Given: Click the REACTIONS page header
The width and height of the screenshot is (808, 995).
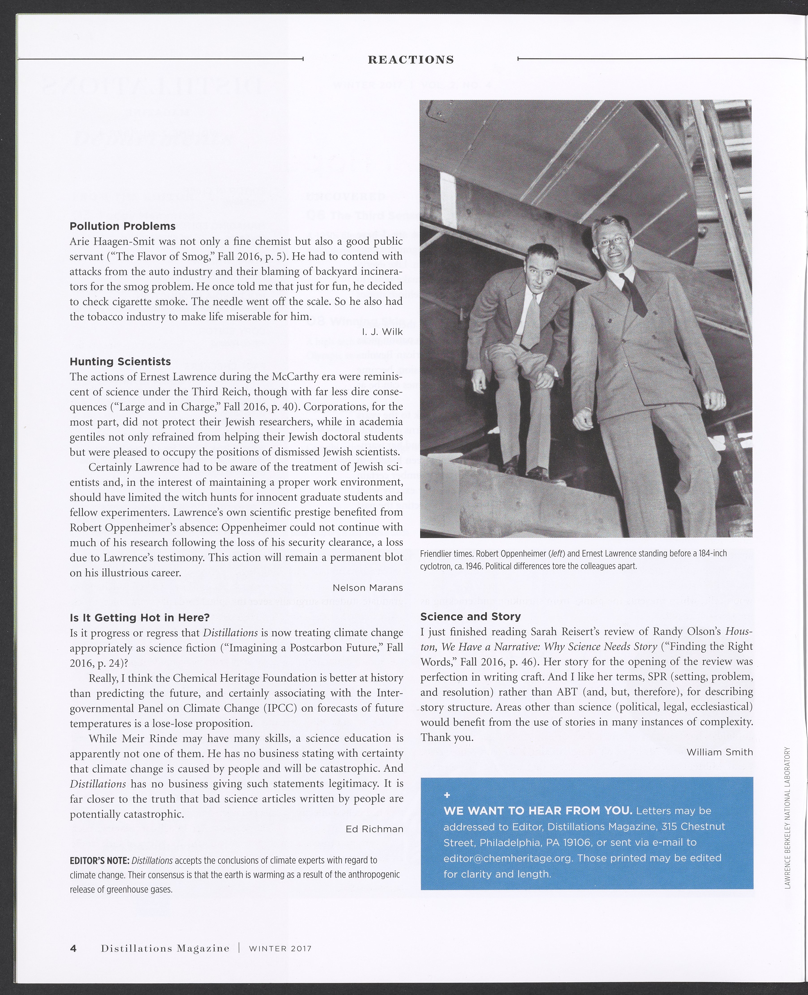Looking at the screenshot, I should [410, 60].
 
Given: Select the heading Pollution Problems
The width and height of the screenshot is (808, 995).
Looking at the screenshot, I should [122, 226].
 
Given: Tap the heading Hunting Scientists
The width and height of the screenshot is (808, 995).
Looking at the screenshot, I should [120, 362].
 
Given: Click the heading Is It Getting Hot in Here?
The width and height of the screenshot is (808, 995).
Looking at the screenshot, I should [140, 618].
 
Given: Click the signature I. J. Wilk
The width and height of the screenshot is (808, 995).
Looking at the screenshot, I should [382, 332].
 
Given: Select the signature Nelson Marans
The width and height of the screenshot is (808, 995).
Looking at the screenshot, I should [368, 588].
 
